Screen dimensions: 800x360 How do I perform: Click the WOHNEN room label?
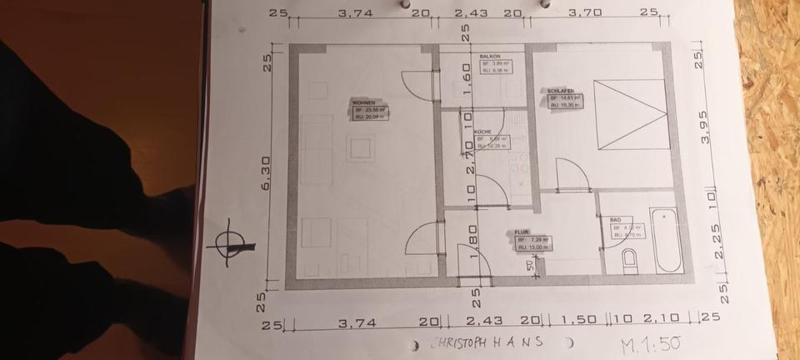pyautogui.click(x=362, y=103)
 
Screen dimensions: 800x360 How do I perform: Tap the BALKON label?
pyautogui.click(x=489, y=57)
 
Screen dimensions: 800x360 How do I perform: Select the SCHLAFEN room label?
pyautogui.click(x=559, y=90)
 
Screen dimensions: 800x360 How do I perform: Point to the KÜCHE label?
pyautogui.click(x=482, y=132)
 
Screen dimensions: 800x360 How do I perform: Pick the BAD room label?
pyautogui.click(x=615, y=219)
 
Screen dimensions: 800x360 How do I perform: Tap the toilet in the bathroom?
pyautogui.click(x=629, y=262)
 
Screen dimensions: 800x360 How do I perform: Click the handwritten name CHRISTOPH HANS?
pyautogui.click(x=487, y=342)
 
